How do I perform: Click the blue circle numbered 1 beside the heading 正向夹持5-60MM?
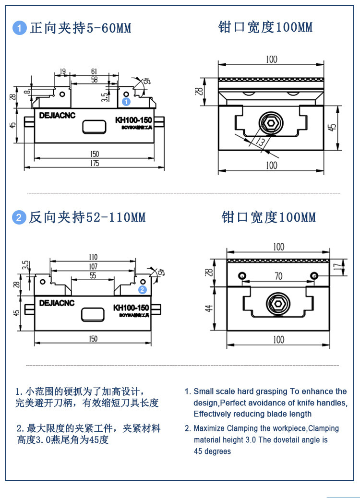pyautogui.click(x=19, y=28)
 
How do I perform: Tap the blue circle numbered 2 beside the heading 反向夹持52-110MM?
pyautogui.click(x=19, y=217)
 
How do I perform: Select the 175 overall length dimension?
pyautogui.click(x=95, y=164)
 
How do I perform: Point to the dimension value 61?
pyautogui.click(x=95, y=71)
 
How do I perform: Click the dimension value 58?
pyautogui.click(x=95, y=80)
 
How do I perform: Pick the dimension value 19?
pyautogui.click(x=62, y=71)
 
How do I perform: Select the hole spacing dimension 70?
pyautogui.click(x=278, y=276)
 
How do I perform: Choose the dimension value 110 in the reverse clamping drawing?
pyautogui.click(x=93, y=257)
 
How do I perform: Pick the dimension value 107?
pyautogui.click(x=93, y=266)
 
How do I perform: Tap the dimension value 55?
pyautogui.click(x=93, y=276)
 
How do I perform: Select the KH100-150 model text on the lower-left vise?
pyautogui.click(x=131, y=308)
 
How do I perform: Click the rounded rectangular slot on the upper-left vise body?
pyautogui.click(x=95, y=127)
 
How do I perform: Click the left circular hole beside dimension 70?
pyautogui.click(x=242, y=275)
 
